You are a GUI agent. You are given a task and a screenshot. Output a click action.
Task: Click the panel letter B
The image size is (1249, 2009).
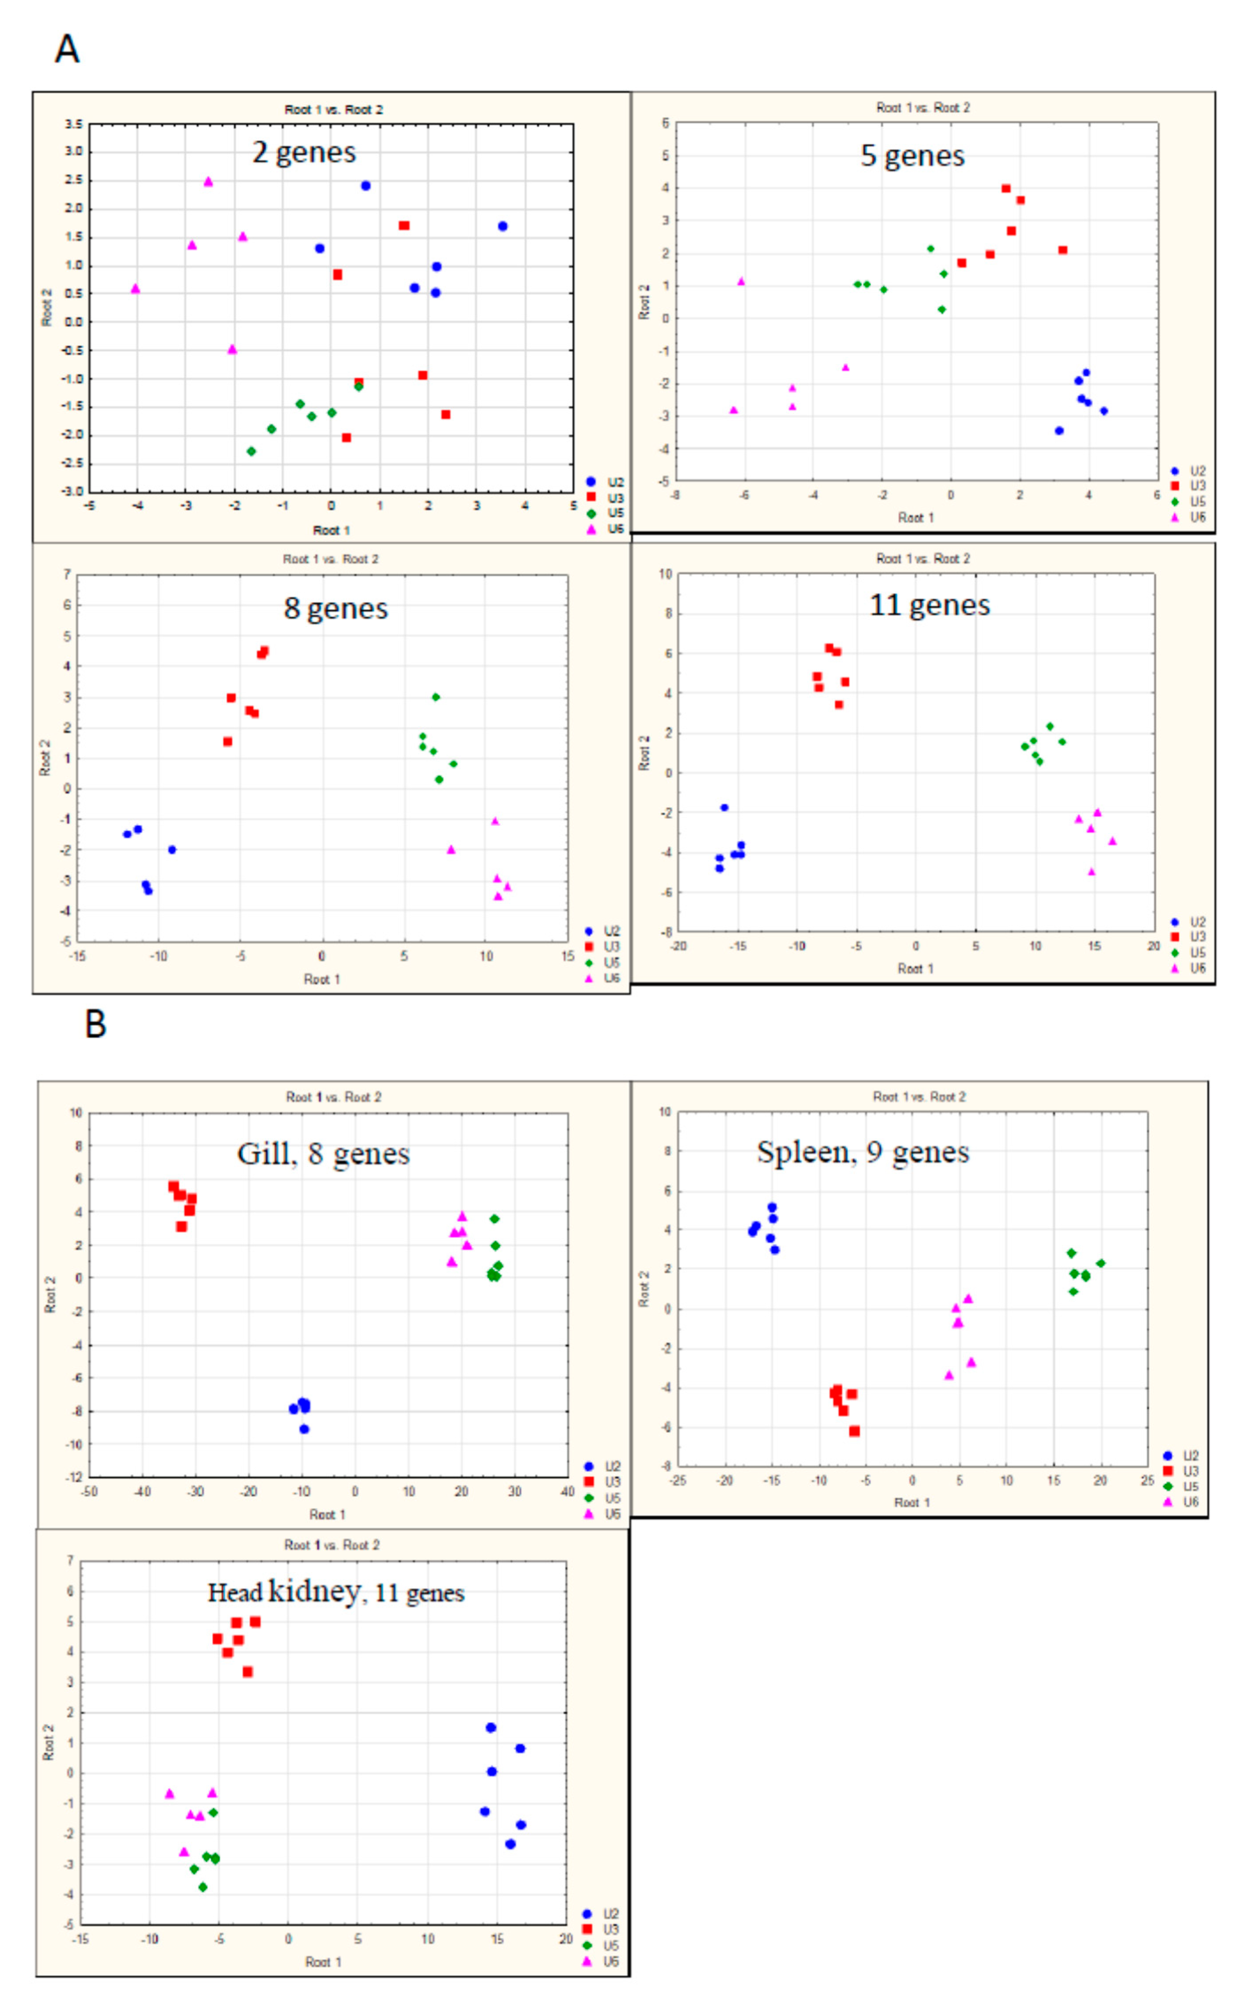pos(96,1025)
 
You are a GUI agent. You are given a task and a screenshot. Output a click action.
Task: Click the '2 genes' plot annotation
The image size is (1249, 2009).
pos(304,152)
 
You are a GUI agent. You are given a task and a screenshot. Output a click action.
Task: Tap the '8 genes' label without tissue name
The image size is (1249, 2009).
pos(335,608)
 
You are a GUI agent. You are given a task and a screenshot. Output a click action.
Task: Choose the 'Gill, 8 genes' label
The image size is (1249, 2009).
pos(323,1153)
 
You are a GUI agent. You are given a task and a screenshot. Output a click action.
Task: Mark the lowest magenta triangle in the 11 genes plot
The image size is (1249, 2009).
pos(1091,872)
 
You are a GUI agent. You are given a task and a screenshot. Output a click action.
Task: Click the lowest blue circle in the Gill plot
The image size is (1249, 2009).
pos(304,1429)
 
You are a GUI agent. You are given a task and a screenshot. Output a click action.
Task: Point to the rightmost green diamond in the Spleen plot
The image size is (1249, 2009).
pos(1100,1264)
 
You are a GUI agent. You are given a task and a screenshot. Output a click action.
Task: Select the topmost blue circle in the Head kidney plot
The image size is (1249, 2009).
pos(491,1727)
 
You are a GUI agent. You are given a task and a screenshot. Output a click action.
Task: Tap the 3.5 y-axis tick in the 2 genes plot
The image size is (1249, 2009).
pos(74,124)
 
